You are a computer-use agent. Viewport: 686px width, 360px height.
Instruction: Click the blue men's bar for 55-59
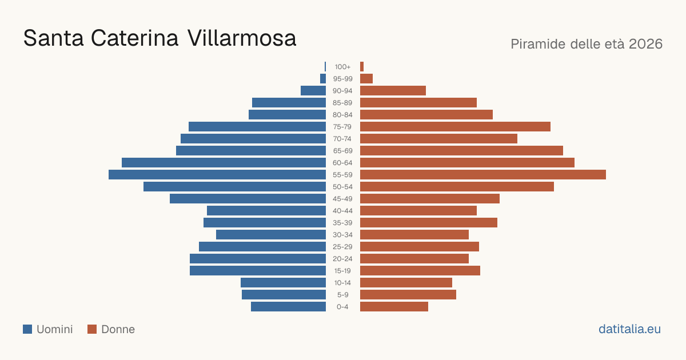click(x=217, y=174)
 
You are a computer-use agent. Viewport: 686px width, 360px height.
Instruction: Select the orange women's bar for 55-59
click(x=483, y=174)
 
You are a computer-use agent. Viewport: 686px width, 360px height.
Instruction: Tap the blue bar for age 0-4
click(x=289, y=307)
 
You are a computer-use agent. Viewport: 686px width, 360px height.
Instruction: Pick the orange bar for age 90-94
click(x=393, y=91)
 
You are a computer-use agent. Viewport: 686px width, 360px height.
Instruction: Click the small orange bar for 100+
click(x=362, y=67)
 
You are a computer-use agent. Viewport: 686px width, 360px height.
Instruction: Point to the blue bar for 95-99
click(x=323, y=79)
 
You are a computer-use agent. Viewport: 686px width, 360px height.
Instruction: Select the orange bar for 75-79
click(x=455, y=127)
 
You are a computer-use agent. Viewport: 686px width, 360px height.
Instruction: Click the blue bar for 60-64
click(x=224, y=162)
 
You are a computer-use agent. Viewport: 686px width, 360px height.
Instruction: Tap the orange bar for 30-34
click(x=414, y=235)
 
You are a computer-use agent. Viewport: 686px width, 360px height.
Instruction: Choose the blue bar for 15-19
click(x=258, y=271)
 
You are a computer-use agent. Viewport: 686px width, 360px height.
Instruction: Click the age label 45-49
click(x=342, y=199)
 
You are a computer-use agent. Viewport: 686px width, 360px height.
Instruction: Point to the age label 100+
click(x=342, y=67)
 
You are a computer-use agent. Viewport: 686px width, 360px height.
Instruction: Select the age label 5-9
click(x=342, y=295)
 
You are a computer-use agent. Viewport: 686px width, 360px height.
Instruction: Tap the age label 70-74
click(x=342, y=139)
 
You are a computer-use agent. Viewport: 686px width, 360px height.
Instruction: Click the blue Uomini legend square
click(x=27, y=329)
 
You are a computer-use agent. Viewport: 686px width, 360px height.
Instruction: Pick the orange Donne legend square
click(x=92, y=329)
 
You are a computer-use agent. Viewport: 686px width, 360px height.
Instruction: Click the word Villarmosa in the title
click(x=242, y=38)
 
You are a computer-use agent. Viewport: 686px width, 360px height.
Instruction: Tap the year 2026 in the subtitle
click(x=646, y=44)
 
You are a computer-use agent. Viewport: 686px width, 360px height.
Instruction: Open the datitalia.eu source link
click(x=629, y=329)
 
